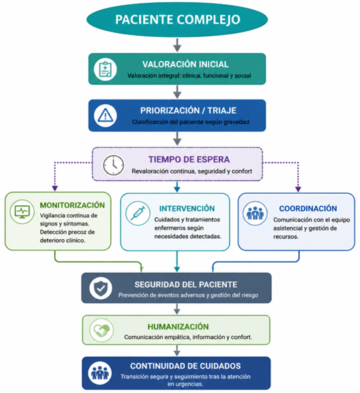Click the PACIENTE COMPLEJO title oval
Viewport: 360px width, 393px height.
(177, 19)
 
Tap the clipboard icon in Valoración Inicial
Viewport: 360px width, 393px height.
(105, 69)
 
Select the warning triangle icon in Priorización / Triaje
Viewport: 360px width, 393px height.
(105, 116)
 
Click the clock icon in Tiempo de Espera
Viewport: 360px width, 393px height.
(113, 165)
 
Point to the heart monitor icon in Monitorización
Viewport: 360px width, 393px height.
(22, 212)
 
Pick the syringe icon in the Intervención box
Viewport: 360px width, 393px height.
(138, 214)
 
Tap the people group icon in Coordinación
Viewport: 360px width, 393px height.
(255, 213)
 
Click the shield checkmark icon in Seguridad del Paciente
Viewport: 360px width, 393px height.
(100, 288)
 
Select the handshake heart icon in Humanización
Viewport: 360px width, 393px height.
(102, 330)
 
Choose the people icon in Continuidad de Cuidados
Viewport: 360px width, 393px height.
(100, 373)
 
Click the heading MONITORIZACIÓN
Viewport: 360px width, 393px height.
(72, 205)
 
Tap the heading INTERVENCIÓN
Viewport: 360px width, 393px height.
(187, 209)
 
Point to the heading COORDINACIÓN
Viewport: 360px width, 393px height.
(308, 209)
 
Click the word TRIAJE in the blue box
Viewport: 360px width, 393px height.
(221, 110)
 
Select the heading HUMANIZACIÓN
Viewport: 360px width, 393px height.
(178, 327)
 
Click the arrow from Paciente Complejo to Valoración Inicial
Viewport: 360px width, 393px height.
(177, 45)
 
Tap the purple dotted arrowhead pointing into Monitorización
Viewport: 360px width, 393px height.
(55, 188)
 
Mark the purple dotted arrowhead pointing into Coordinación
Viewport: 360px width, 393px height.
(298, 189)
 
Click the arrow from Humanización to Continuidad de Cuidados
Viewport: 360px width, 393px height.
(177, 351)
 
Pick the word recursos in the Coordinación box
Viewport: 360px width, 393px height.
(286, 237)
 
